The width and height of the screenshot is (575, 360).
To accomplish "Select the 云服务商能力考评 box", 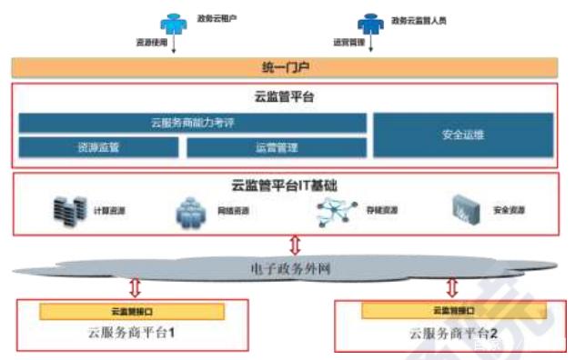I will point(193,123).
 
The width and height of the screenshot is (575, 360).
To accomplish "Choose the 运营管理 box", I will point(277,147).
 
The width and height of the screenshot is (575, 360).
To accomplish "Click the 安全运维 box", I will point(462,135).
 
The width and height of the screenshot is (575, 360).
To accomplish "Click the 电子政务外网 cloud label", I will point(287,269).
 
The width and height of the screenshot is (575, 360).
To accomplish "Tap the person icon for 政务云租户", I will point(173,23).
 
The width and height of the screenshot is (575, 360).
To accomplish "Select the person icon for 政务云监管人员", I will point(368,23).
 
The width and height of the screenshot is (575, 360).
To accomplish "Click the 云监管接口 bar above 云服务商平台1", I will point(131,312).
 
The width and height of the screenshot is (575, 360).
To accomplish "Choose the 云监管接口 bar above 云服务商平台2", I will point(452,312).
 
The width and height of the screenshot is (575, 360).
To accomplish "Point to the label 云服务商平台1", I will point(132,333).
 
